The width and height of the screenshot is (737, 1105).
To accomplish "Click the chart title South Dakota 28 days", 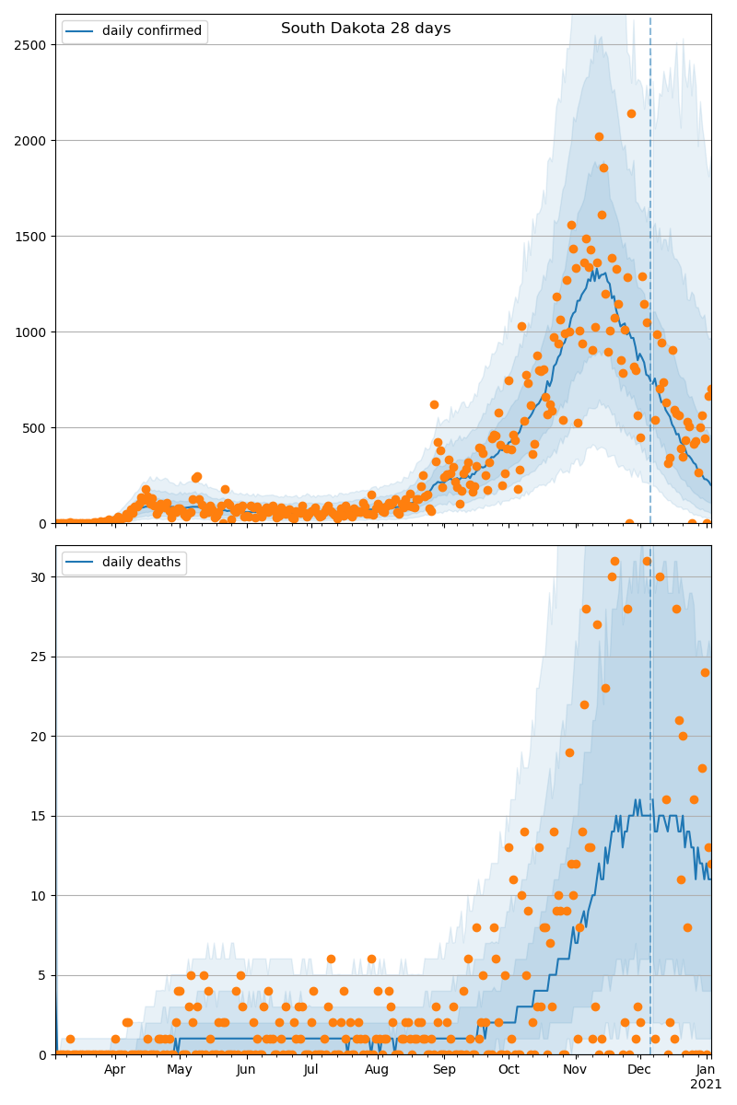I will pos(366,29).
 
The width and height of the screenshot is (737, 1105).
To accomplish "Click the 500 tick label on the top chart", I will pos(38,428).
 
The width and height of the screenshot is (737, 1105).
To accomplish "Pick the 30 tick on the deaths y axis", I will pos(41,577).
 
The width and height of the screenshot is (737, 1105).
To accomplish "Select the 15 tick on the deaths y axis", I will pos(41,816).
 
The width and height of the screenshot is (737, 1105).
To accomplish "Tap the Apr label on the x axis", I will pos(114,1070).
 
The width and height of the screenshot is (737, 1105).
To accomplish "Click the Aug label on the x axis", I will pos(377,1070).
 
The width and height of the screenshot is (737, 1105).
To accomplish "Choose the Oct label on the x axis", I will pos(509,1070).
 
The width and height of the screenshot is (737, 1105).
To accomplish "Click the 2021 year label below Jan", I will pos(707,1085).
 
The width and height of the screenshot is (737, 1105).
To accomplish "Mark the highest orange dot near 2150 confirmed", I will pos(631,114).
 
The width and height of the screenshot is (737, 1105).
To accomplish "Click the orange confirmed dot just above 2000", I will pos(599,136).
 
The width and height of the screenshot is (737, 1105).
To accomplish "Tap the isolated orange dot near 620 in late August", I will pos(434,404).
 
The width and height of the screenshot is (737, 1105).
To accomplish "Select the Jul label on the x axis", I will pos(311,1070).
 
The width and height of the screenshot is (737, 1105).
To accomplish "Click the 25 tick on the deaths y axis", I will pos(41,657).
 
